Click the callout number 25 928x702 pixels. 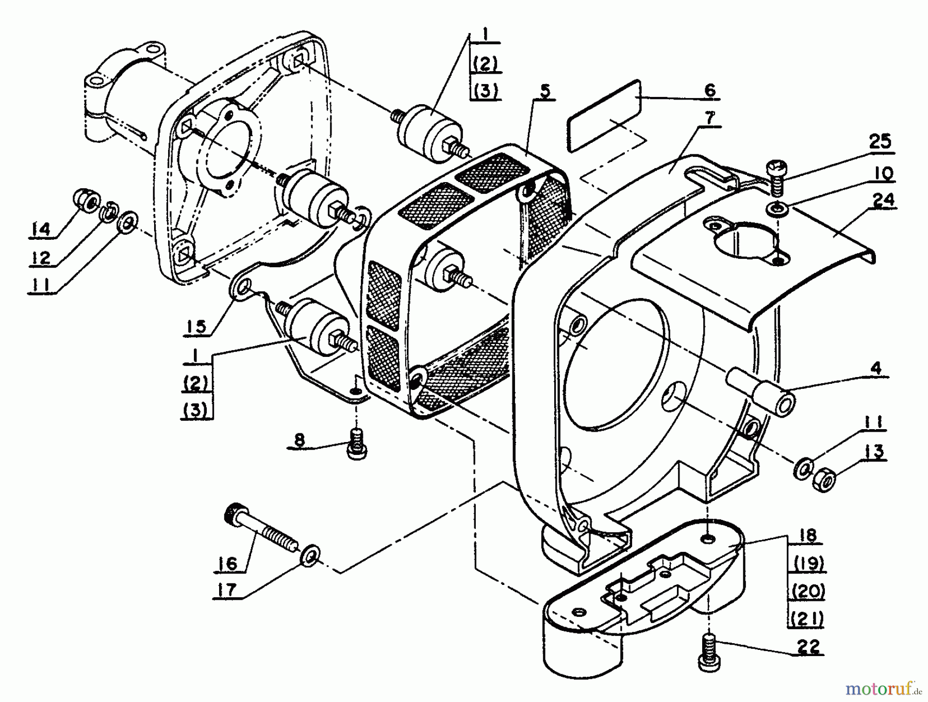(880, 141)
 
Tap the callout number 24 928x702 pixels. (883, 199)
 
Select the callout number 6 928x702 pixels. (710, 90)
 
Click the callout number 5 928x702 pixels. (545, 91)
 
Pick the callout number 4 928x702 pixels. (875, 368)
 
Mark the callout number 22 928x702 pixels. (808, 646)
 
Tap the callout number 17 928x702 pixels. (228, 590)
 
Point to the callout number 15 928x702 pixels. (196, 326)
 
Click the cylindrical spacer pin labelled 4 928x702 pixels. (759, 392)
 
